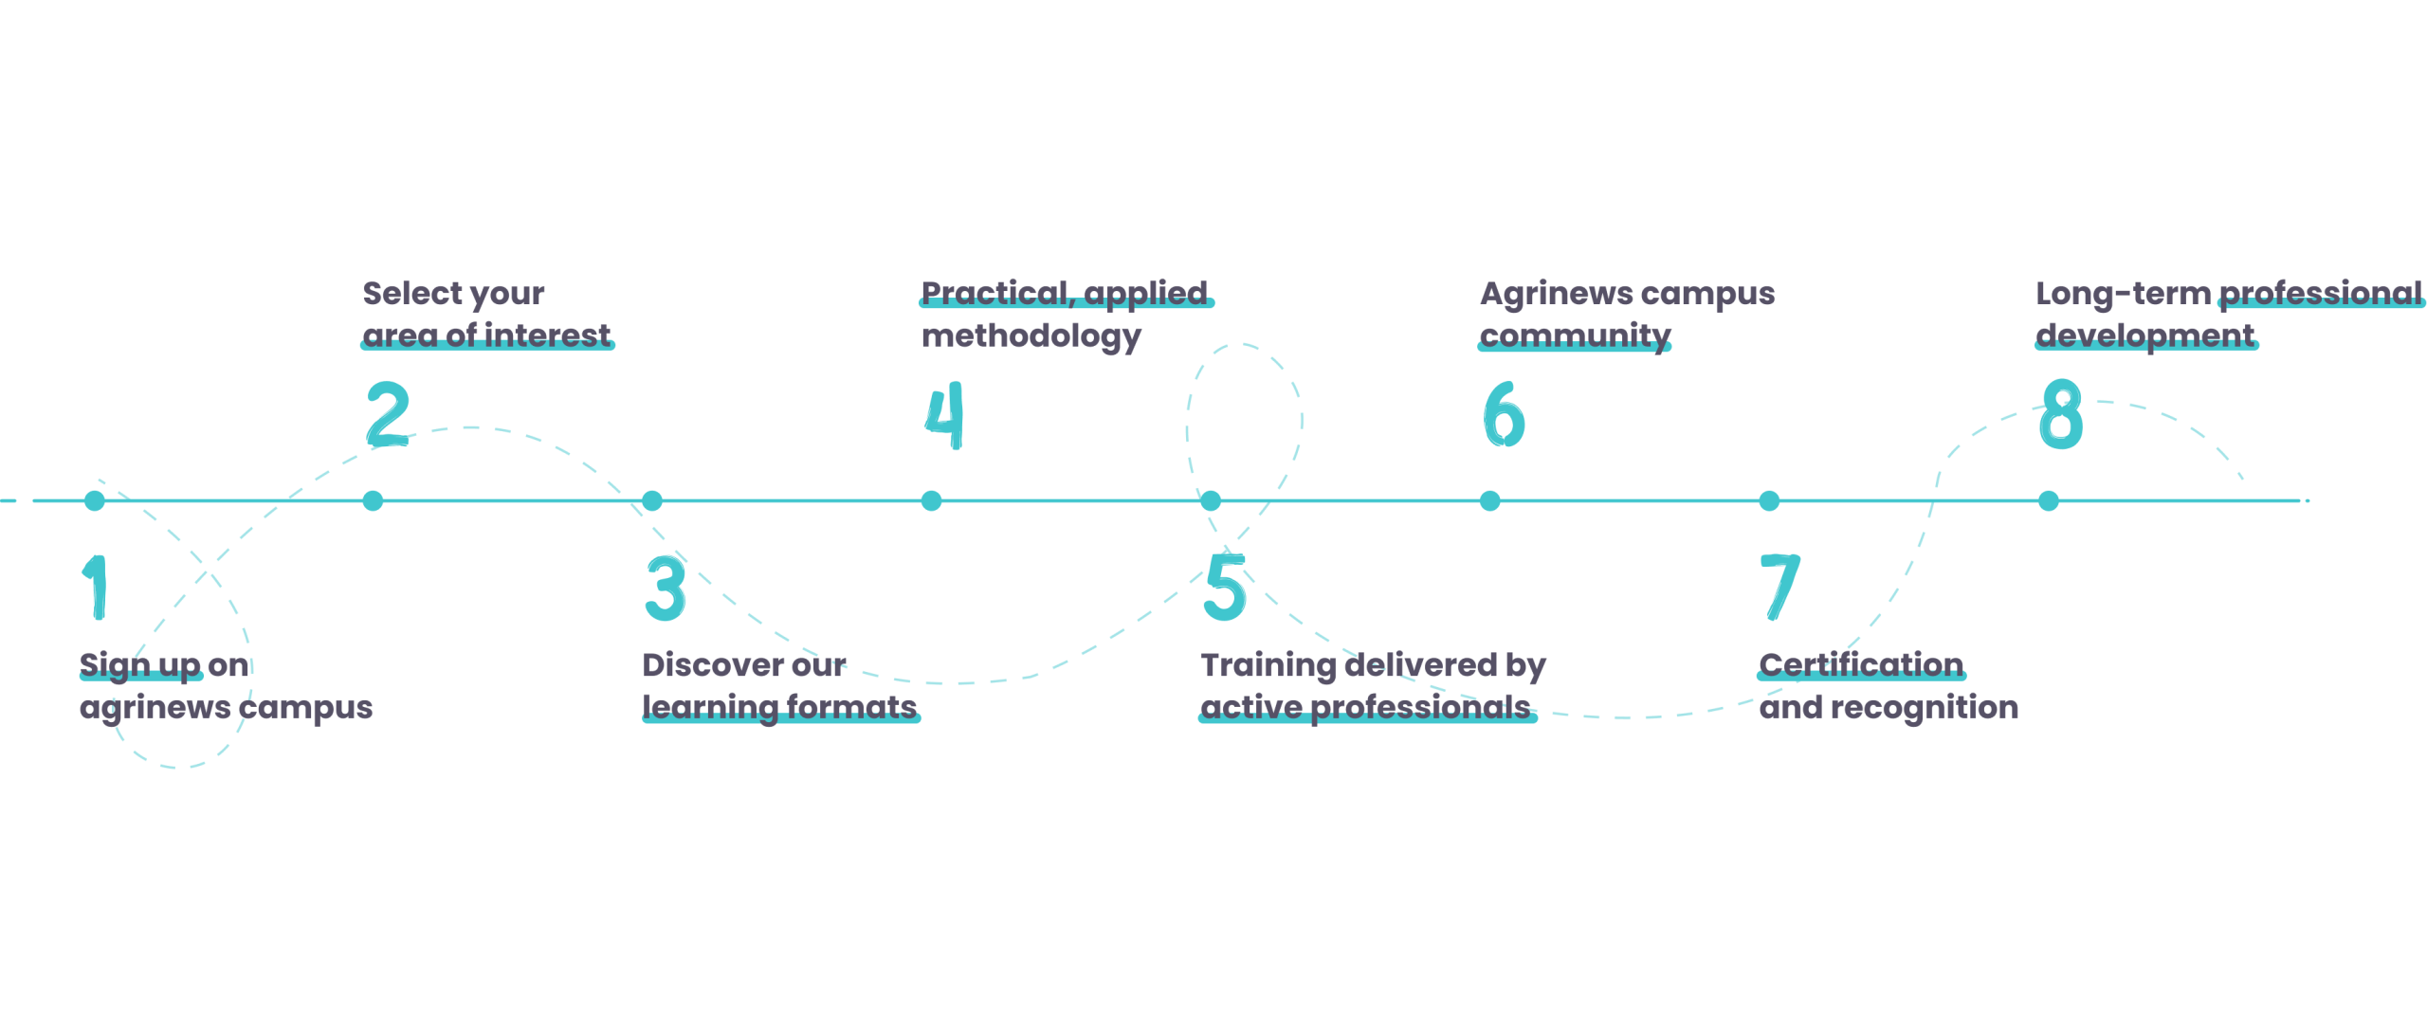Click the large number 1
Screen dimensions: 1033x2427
[97, 588]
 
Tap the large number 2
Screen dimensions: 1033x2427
[388, 414]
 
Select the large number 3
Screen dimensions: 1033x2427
[666, 588]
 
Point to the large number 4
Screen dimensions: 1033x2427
[944, 415]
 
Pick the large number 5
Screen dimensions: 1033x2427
[1225, 588]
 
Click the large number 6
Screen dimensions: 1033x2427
[1504, 415]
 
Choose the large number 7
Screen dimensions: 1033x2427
[1779, 588]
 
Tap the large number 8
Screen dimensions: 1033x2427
[2061, 414]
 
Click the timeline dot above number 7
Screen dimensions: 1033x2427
[1769, 500]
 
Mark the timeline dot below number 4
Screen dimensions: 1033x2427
[932, 500]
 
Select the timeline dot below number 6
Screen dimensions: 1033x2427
[1490, 500]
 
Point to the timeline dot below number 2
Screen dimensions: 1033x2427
[374, 500]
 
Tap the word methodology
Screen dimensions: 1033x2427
[1031, 336]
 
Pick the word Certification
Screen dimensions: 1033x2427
[1861, 665]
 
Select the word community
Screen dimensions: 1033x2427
[1575, 336]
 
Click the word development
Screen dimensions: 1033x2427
[2146, 335]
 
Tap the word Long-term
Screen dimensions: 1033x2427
[2123, 294]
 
